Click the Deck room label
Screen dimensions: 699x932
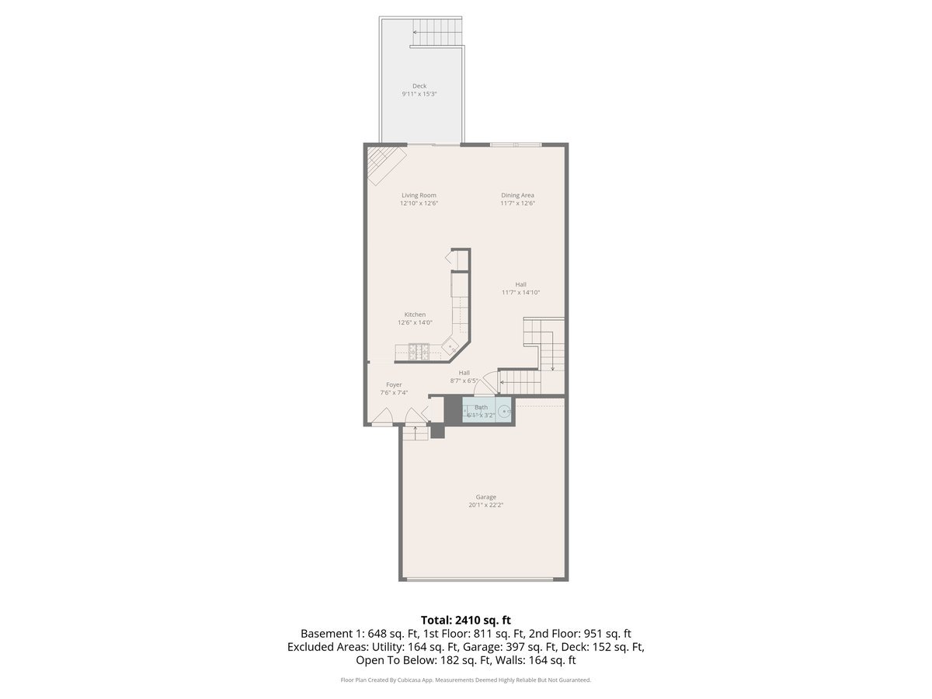[x=419, y=86]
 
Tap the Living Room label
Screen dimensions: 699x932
[x=419, y=195]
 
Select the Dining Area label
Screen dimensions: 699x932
[x=517, y=195]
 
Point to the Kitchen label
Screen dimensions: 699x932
[x=415, y=315]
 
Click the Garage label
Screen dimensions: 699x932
[x=486, y=497]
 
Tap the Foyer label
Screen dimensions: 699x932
[x=395, y=384]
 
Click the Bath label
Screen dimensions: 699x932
[x=482, y=407]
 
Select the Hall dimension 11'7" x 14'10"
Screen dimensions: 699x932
[x=520, y=293]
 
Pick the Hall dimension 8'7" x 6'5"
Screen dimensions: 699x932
[x=464, y=381]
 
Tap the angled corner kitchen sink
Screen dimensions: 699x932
[x=451, y=343]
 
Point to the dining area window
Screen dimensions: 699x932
[x=516, y=144]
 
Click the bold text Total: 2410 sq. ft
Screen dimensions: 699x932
[x=465, y=620]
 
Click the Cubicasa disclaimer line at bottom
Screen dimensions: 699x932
[x=466, y=680]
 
